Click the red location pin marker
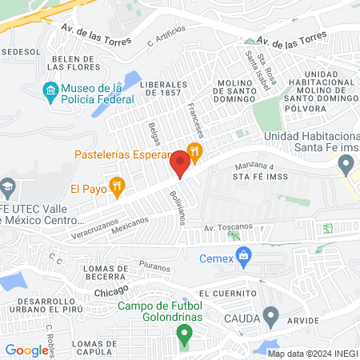180,166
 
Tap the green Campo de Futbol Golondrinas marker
184,334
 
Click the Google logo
26,350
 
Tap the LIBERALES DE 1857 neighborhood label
163,89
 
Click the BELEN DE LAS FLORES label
76,63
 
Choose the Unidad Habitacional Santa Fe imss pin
346,166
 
